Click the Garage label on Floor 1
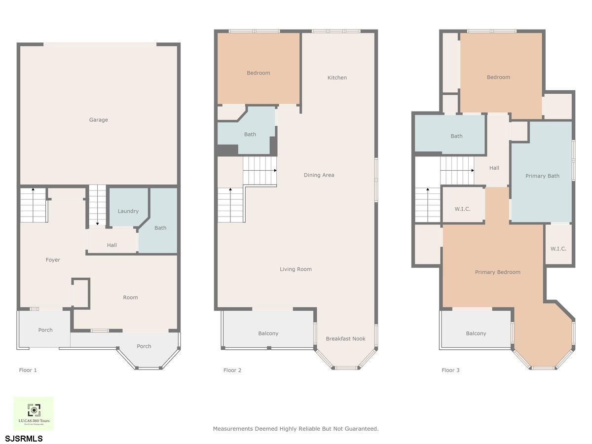pyautogui.click(x=98, y=120)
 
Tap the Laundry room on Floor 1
pyautogui.click(x=128, y=211)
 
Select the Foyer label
pyautogui.click(x=53, y=260)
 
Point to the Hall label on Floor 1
pyautogui.click(x=112, y=245)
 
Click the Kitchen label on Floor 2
pyautogui.click(x=337, y=77)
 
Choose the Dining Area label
pyautogui.click(x=319, y=175)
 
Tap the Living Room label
pyautogui.click(x=296, y=269)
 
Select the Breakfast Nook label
pyautogui.click(x=345, y=338)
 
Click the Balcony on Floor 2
pyautogui.click(x=268, y=333)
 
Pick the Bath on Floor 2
pyautogui.click(x=250, y=134)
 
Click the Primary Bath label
pyautogui.click(x=542, y=176)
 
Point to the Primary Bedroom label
pyautogui.click(x=497, y=272)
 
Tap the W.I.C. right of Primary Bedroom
pyautogui.click(x=558, y=249)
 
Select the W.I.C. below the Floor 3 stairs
pyautogui.click(x=462, y=209)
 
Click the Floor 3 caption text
pyautogui.click(x=450, y=370)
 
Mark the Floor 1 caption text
pyautogui.click(x=28, y=370)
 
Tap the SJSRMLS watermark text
pyautogui.click(x=24, y=438)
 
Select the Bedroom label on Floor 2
pyautogui.click(x=259, y=73)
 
